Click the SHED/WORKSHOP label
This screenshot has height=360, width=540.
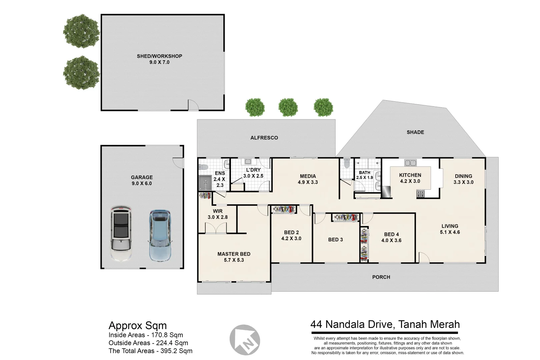click(159, 56)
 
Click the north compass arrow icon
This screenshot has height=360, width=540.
click(245, 340)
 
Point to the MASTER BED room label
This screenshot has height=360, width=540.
click(234, 254)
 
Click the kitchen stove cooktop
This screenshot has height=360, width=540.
click(420, 194)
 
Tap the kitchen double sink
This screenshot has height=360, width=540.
click(410, 163)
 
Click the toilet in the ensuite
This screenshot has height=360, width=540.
click(203, 167)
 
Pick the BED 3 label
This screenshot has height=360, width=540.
click(335, 240)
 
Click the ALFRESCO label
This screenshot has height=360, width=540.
click(264, 138)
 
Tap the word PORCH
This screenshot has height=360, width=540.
click(381, 277)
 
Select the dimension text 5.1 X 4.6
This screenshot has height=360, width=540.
click(450, 232)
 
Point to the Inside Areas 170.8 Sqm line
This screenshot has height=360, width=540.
click(146, 335)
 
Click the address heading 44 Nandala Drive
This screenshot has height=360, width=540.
click(385, 324)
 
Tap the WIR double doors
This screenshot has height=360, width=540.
click(216, 228)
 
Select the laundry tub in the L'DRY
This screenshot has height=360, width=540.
click(248, 162)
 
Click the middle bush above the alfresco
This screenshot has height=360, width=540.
click(288, 107)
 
